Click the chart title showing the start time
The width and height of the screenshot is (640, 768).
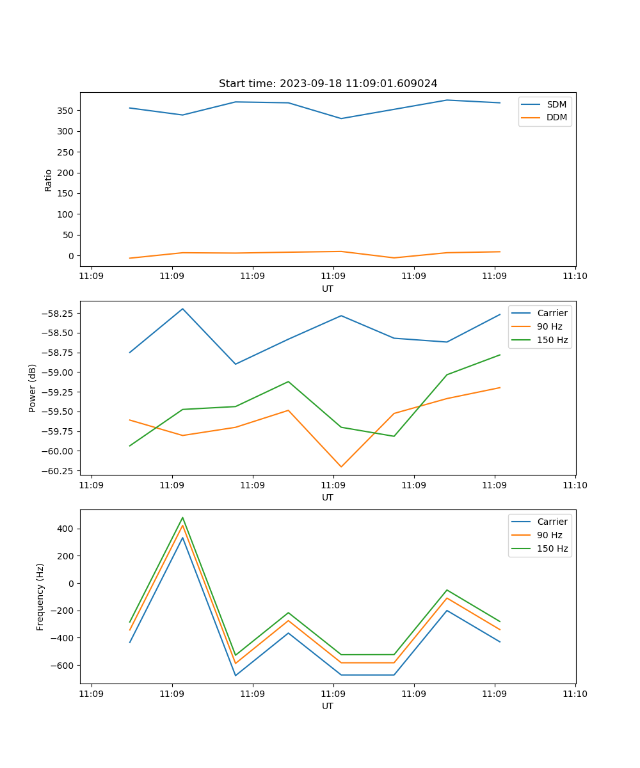328,84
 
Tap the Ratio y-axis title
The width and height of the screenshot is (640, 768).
49,180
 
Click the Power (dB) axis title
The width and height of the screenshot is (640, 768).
33,388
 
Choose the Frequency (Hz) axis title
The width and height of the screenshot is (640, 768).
40,596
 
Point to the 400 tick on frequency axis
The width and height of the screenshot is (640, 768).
67,529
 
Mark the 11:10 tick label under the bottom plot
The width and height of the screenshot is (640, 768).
575,693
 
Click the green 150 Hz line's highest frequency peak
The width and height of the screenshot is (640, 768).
182,518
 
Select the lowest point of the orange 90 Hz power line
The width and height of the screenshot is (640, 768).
341,467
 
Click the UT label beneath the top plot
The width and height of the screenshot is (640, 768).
328,289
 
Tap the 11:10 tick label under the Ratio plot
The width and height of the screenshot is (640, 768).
575,276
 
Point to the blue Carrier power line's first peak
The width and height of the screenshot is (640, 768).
182,308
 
